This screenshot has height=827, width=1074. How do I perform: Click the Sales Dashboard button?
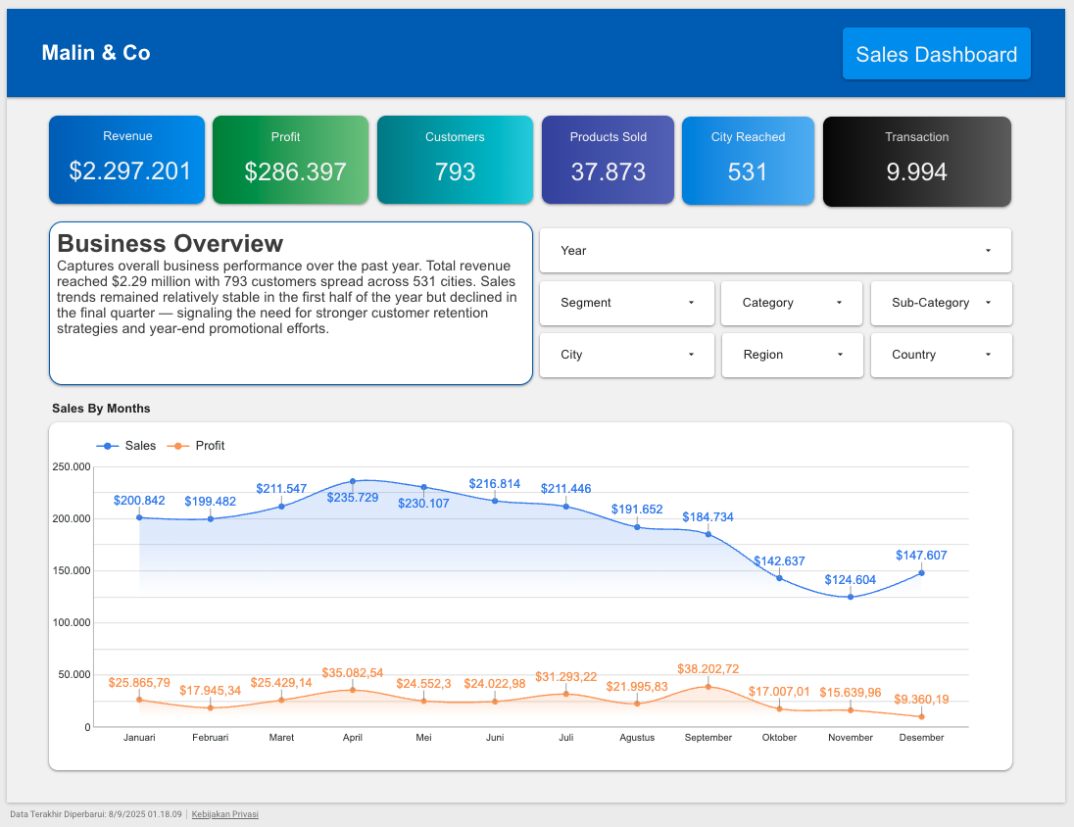[x=936, y=54]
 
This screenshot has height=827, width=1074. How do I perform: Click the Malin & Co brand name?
[x=96, y=53]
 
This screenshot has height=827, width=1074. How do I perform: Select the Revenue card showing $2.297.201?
[x=127, y=161]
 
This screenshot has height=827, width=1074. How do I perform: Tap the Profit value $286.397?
[x=295, y=172]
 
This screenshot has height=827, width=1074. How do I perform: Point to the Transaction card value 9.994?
[x=916, y=172]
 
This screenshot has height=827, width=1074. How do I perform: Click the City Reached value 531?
[x=747, y=172]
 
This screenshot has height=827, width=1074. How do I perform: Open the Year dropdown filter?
[x=775, y=251]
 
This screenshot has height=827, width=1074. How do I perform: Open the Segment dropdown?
[x=627, y=303]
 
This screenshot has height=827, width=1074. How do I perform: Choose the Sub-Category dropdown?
[x=941, y=303]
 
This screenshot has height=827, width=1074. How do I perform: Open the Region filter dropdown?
[x=792, y=355]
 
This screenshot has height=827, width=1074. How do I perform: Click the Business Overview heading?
[x=171, y=243]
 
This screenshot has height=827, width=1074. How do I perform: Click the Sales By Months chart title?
[x=101, y=409]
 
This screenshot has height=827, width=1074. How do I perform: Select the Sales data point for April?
[x=353, y=482]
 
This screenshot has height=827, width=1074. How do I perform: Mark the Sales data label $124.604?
[x=850, y=580]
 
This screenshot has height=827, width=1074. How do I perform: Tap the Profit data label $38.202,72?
[x=708, y=668]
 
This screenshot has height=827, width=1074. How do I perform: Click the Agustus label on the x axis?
[x=637, y=738]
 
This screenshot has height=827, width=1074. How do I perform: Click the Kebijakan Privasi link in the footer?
[x=224, y=814]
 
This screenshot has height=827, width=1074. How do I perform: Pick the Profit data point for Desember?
[x=921, y=717]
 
